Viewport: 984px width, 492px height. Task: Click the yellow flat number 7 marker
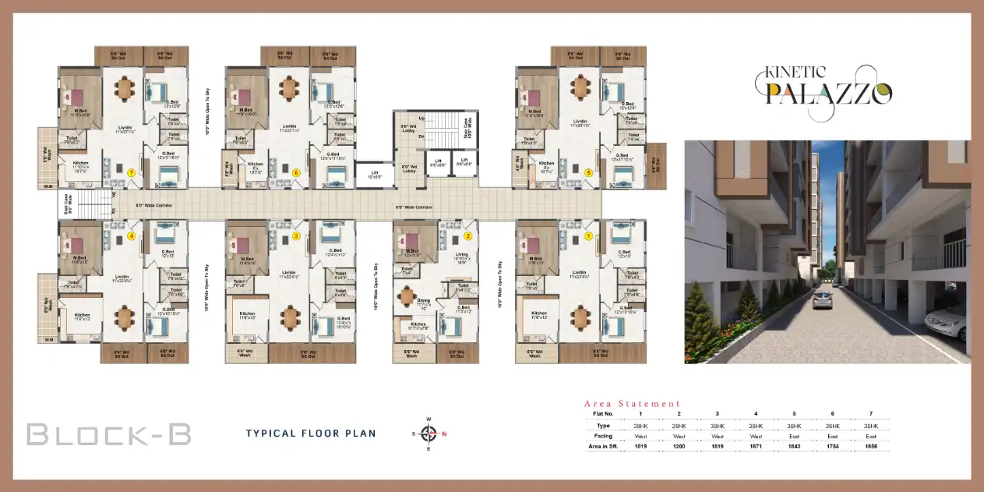(x=132, y=172)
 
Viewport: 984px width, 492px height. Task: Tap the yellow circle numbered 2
(x=468, y=235)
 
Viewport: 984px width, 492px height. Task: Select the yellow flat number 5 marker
(x=589, y=172)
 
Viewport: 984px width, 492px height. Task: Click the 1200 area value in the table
(x=679, y=446)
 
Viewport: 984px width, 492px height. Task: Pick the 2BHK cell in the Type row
(x=679, y=426)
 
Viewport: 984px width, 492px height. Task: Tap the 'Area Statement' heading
(x=632, y=404)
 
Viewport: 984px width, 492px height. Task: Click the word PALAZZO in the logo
(x=828, y=94)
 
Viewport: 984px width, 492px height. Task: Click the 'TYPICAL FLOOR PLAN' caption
(x=311, y=434)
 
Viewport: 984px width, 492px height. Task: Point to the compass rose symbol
(x=428, y=434)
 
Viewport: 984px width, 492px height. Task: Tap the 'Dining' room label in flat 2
(x=423, y=301)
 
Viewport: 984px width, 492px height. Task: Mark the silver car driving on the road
(x=823, y=297)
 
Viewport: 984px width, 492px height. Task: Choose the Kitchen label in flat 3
(x=247, y=316)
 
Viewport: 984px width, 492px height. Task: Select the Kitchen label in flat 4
(x=82, y=317)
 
